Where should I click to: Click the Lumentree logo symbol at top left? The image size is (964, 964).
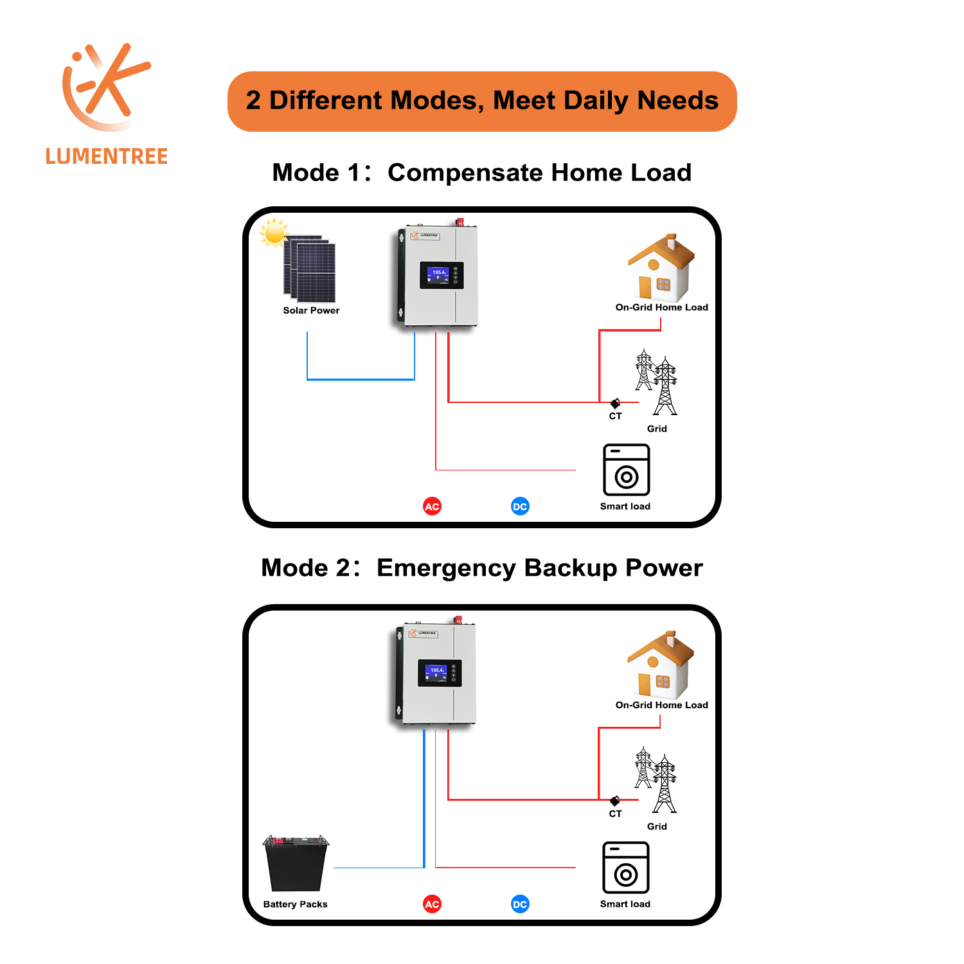click(x=105, y=87)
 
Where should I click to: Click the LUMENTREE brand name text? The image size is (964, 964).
click(x=107, y=156)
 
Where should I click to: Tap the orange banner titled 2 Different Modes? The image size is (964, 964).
click(x=482, y=102)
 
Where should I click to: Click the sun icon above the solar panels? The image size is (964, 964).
click(x=274, y=232)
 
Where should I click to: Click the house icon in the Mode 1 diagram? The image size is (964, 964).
click(x=661, y=268)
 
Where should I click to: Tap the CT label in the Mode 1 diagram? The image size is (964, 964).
click(x=615, y=416)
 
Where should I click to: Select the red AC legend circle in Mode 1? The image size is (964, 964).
click(x=432, y=506)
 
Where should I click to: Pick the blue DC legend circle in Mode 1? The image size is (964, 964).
click(x=520, y=506)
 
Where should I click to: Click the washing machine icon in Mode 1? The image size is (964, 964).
click(x=626, y=470)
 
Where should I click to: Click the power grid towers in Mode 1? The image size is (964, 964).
click(x=656, y=382)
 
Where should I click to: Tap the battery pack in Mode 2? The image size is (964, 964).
click(x=296, y=863)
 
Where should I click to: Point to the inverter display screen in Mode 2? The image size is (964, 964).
click(x=440, y=673)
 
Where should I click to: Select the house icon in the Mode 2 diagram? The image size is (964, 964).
click(x=660, y=666)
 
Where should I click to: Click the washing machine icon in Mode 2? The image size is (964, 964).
click(x=625, y=868)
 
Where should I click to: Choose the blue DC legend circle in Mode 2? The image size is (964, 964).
click(x=520, y=904)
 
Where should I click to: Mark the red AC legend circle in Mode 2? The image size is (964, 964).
click(x=432, y=904)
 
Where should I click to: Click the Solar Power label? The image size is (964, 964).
click(x=311, y=310)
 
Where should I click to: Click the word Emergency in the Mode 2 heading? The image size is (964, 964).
click(x=445, y=568)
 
